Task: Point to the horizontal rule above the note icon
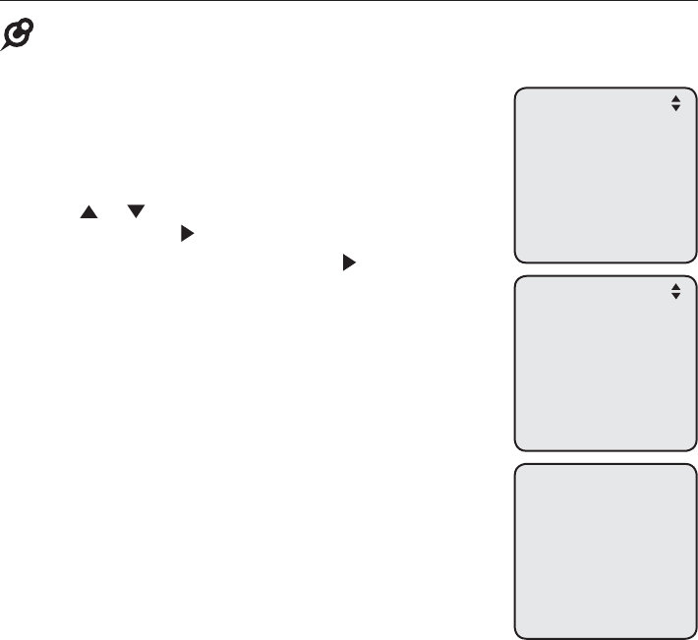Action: pyautogui.click(x=349, y=2)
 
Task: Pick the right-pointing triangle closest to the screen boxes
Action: pyautogui.click(x=347, y=262)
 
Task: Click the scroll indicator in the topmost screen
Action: pyautogui.click(x=675, y=103)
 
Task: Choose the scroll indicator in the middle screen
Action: pyautogui.click(x=675, y=291)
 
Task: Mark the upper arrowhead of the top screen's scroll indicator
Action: pyautogui.click(x=675, y=98)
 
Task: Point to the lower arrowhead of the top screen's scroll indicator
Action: pyautogui.click(x=675, y=108)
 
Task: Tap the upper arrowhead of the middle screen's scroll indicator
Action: pyautogui.click(x=675, y=286)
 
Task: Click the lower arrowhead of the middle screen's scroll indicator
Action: pyautogui.click(x=675, y=296)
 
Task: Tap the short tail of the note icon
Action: pyautogui.click(x=7, y=46)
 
